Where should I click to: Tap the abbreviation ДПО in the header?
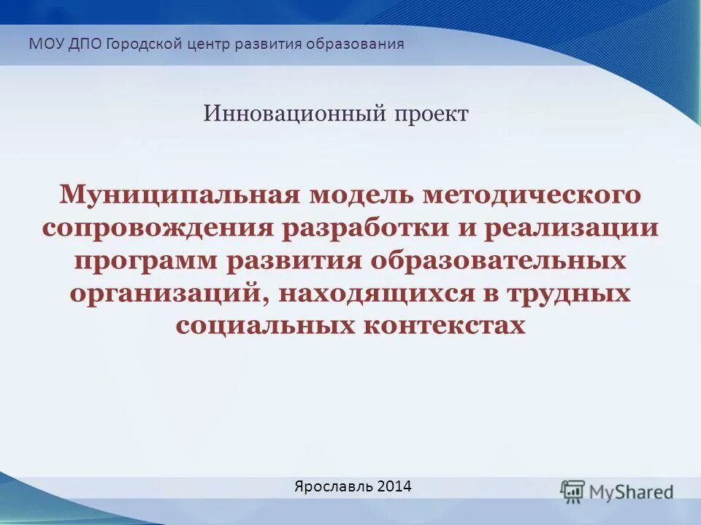(86, 44)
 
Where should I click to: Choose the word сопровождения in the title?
(157, 228)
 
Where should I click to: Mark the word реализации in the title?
(569, 228)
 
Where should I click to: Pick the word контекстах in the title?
(443, 325)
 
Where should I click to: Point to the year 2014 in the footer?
(394, 486)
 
